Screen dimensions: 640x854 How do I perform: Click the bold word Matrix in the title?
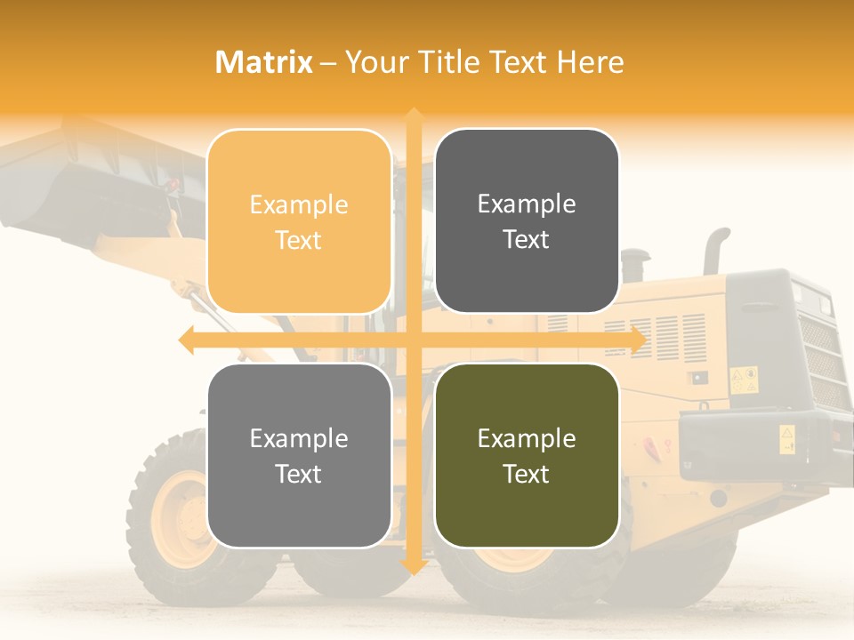point(264,62)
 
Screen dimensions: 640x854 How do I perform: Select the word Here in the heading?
point(590,62)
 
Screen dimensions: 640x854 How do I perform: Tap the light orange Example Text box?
point(299,221)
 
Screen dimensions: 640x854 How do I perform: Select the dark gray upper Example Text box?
point(527,221)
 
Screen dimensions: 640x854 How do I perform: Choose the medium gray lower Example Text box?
point(299,455)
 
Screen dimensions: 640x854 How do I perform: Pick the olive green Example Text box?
point(527,455)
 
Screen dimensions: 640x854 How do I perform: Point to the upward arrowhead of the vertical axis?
point(413,115)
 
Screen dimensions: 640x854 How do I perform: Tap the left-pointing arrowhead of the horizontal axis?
point(186,340)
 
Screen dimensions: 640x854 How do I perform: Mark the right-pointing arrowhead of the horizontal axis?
point(638,340)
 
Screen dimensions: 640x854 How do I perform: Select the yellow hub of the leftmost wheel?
point(182,520)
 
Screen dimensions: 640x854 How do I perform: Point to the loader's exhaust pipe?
point(714,250)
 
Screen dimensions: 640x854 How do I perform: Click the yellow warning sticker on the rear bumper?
point(787,438)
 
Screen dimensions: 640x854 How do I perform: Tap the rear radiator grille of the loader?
point(818,356)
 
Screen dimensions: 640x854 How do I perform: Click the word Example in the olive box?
point(527,438)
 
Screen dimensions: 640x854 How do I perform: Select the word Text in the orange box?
point(299,240)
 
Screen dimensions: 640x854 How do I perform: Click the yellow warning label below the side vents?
point(743,380)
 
